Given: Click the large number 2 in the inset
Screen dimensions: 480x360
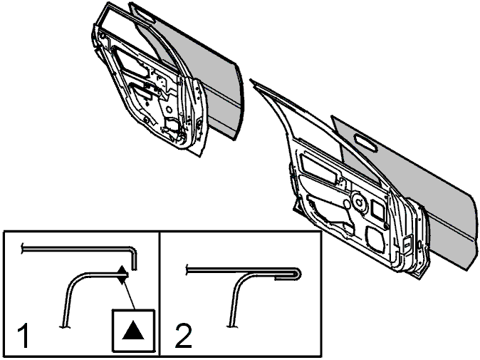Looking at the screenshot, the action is coord(184,335).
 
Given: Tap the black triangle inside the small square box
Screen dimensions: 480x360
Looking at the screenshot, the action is coord(133,330).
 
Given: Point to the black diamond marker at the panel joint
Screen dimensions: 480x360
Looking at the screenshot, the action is coord(122,275).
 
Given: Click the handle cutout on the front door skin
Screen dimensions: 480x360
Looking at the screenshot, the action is coord(365,143).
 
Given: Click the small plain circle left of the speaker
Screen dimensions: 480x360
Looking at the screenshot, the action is coord(347,204).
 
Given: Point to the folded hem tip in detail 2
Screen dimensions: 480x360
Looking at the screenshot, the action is coord(298,273).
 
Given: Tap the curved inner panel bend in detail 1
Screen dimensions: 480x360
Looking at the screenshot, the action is coord(73,282).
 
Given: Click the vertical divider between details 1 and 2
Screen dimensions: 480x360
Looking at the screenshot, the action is coord(160,294).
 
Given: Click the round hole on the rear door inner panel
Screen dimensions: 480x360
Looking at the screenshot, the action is coord(169,109).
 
